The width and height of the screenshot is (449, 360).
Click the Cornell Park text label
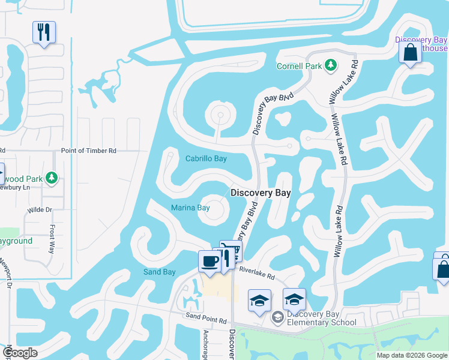300,66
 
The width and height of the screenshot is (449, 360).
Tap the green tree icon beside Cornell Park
330,65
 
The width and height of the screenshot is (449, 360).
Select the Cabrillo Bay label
206,159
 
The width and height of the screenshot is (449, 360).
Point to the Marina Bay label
190,208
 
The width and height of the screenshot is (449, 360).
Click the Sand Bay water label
159,272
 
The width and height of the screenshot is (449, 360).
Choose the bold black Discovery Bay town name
261,193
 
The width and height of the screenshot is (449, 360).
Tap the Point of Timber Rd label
88,151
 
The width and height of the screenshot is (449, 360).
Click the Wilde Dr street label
40,210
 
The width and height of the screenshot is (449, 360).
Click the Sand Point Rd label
205,315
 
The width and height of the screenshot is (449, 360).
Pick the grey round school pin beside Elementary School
277,317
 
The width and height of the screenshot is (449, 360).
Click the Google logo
20,353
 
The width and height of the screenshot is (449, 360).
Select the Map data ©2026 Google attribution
411,355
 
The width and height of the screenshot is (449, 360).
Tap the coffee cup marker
209,262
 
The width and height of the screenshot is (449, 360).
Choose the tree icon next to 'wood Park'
52,178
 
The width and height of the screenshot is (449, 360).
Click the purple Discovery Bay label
421,40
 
